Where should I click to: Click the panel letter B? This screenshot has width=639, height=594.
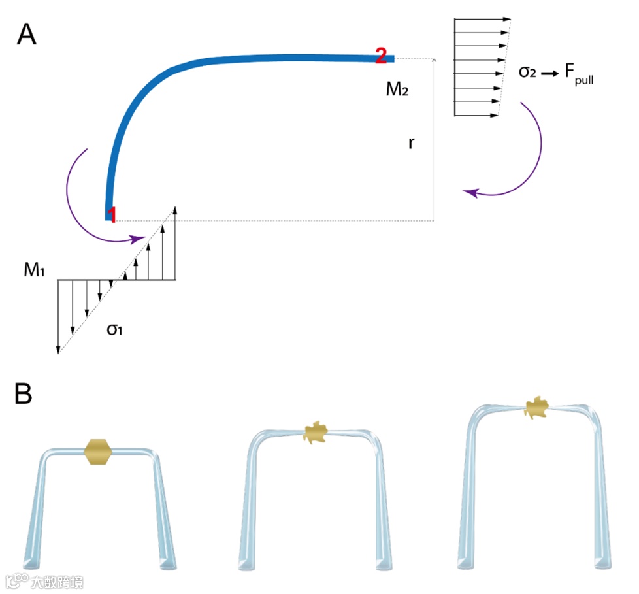(24, 394)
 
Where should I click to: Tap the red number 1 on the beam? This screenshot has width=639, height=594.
(112, 215)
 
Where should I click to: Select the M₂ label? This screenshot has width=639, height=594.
(397, 89)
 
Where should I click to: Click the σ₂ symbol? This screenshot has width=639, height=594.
(527, 72)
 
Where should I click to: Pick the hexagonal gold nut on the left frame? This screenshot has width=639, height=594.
(99, 452)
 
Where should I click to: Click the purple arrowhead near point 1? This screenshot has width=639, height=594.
(138, 240)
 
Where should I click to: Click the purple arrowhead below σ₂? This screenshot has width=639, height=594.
(469, 192)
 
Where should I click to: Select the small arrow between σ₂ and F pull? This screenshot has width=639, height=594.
(551, 73)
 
